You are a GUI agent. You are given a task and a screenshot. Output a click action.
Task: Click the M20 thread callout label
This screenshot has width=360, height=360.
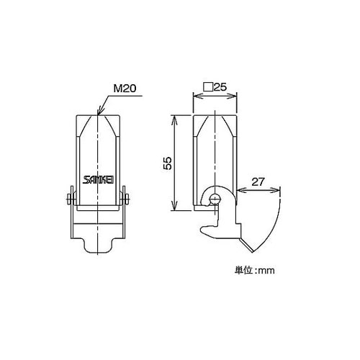pyautogui.click(x=125, y=89)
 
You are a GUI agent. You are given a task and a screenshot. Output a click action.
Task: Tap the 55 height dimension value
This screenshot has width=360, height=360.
pyautogui.click(x=168, y=163)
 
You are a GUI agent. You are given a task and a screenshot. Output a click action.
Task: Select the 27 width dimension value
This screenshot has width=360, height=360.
pyautogui.click(x=258, y=182)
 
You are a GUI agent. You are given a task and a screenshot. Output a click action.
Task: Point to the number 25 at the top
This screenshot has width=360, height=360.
pyautogui.click(x=220, y=87)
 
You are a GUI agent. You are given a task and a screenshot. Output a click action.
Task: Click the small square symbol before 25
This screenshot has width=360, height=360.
pyautogui.click(x=208, y=87)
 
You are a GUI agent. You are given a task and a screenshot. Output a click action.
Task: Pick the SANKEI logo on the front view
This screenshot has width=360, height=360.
pyautogui.click(x=98, y=180)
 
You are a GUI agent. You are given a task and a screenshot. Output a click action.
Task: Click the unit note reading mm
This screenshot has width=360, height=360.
pyautogui.click(x=266, y=271)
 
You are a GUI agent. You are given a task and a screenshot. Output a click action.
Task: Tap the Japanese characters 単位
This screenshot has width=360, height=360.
pyautogui.click(x=243, y=270)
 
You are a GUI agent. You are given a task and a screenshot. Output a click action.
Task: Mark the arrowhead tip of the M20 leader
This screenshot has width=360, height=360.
pyautogui.click(x=98, y=114)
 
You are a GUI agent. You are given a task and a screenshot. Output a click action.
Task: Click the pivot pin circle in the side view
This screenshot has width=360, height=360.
pyautogui.click(x=214, y=199)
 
